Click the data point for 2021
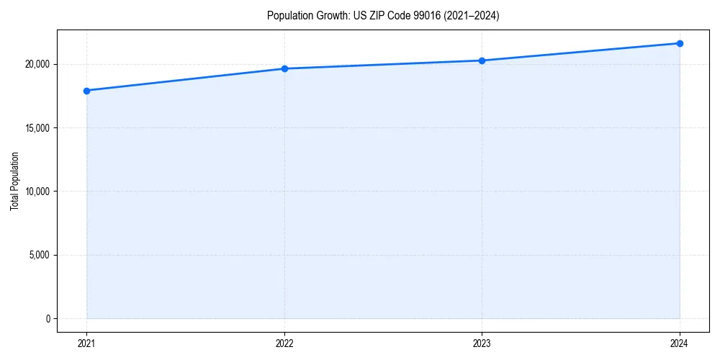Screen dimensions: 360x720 86,91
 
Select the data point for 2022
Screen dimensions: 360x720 284,68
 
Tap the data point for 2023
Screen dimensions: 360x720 482,60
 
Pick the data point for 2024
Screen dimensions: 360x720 680,43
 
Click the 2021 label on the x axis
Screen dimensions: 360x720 86,343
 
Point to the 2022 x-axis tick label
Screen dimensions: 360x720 284,343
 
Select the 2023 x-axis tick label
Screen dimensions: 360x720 482,343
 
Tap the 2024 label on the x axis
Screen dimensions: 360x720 680,343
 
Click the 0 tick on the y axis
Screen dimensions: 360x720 48,318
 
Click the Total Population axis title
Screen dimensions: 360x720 14,181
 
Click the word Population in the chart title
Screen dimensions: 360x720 288,16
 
